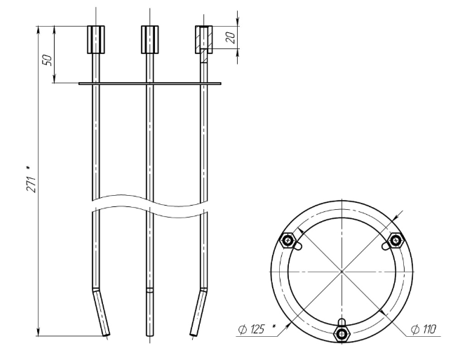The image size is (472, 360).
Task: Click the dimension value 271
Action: point(32,184)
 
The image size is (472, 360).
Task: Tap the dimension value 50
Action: point(48,60)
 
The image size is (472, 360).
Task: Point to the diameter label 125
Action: point(255,329)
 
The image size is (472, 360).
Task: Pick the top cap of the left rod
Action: point(96,39)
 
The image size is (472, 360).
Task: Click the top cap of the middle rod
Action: point(150,39)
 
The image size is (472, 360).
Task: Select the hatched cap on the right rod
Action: point(204,39)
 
